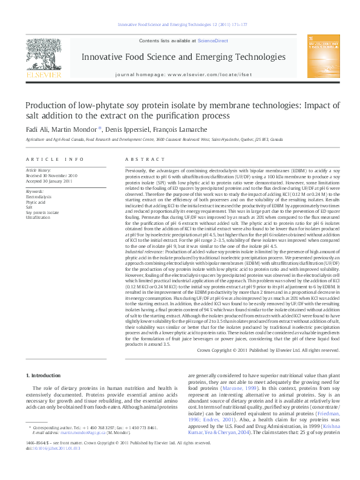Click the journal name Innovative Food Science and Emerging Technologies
(x=180, y=57)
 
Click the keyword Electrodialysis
(x=39, y=197)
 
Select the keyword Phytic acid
(x=36, y=203)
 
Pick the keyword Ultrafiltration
(x=38, y=217)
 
